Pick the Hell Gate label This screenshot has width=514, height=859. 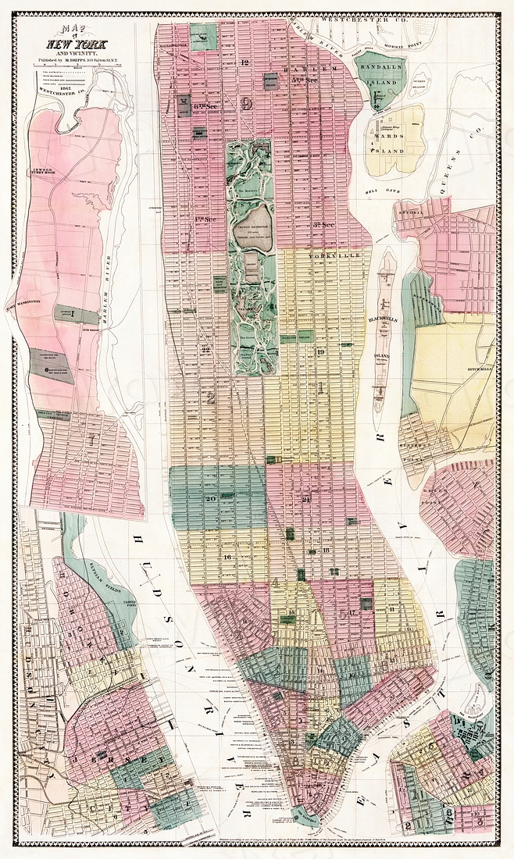pyautogui.click(x=386, y=190)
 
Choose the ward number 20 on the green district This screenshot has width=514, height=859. pyautogui.click(x=210, y=498)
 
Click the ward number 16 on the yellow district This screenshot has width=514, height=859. pyautogui.click(x=227, y=556)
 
